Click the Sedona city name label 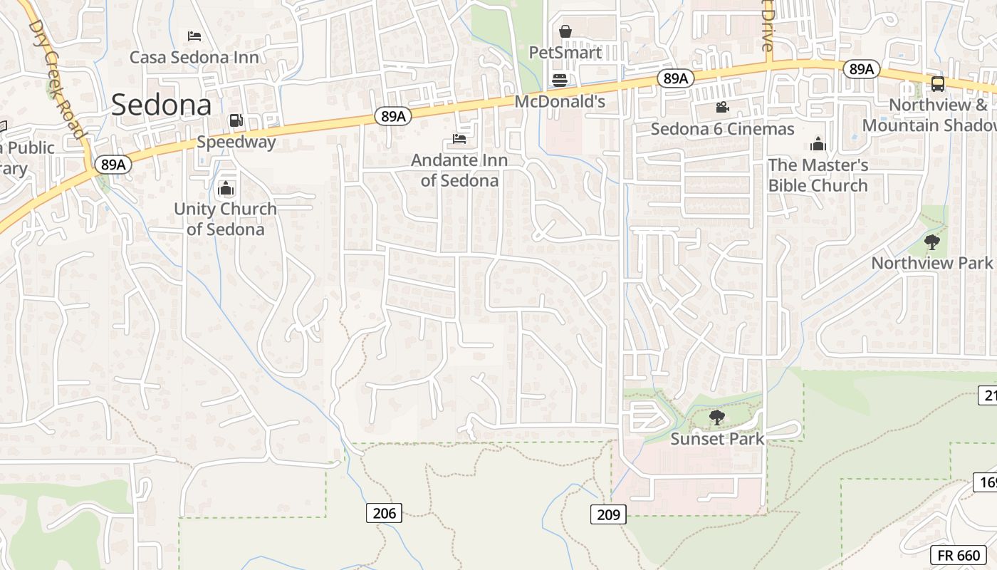(x=162, y=105)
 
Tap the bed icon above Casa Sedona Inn (x=194, y=36)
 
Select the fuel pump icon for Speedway (x=236, y=120)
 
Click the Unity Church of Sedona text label (x=225, y=219)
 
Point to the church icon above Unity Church (x=226, y=189)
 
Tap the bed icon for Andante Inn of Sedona (x=459, y=138)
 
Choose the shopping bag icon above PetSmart (x=565, y=31)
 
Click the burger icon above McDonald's (x=560, y=80)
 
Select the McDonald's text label (x=560, y=102)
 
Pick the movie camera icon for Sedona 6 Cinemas (x=722, y=108)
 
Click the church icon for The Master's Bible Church (x=818, y=145)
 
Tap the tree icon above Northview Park (x=931, y=242)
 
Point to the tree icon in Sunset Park (x=717, y=418)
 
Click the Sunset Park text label (x=717, y=439)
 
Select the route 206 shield (x=384, y=512)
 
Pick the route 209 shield (x=608, y=514)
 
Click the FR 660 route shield (x=959, y=556)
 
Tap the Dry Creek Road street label (x=57, y=78)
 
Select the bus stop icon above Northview (x=938, y=84)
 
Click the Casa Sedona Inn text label (x=194, y=57)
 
